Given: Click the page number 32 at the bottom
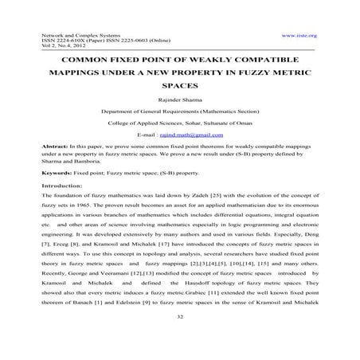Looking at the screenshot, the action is click(x=179, y=338).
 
